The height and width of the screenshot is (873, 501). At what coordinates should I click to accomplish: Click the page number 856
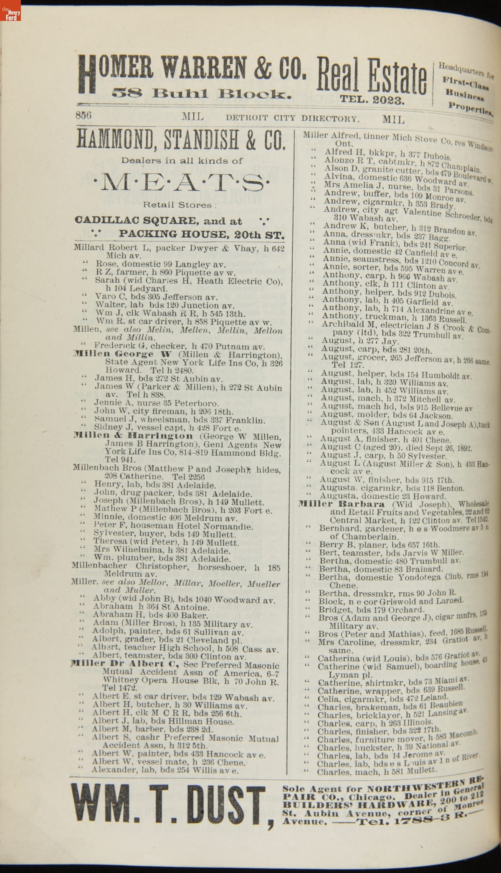pos(84,116)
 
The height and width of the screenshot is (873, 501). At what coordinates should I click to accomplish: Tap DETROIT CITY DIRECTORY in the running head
pos(292,118)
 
